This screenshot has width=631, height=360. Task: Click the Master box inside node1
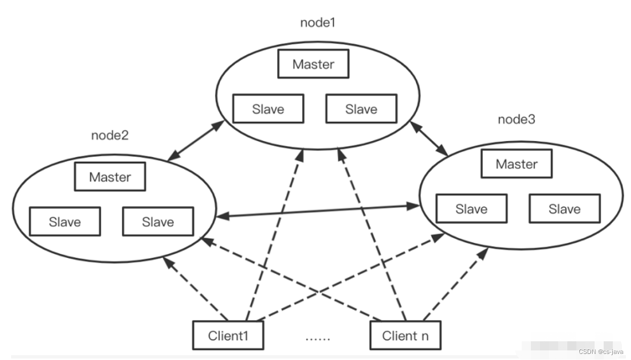point(313,64)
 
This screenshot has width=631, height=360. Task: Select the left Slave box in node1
point(268,109)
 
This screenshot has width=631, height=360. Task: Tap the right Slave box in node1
point(361,109)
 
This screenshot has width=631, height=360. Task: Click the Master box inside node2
point(110,177)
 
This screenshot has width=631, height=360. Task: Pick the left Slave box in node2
point(65,221)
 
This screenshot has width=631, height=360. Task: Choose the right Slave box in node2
point(158,221)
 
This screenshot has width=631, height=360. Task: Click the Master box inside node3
point(516,164)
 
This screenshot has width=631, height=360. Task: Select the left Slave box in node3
point(471,209)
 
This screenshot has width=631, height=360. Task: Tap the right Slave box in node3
point(564,209)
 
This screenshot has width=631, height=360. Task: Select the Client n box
point(404,335)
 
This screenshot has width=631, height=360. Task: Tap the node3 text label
point(516,119)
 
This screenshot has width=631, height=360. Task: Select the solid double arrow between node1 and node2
point(196,141)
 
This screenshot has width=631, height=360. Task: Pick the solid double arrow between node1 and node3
point(429,138)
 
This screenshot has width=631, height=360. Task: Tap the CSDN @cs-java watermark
point(602,351)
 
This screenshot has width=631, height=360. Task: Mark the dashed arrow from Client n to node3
point(455,283)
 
